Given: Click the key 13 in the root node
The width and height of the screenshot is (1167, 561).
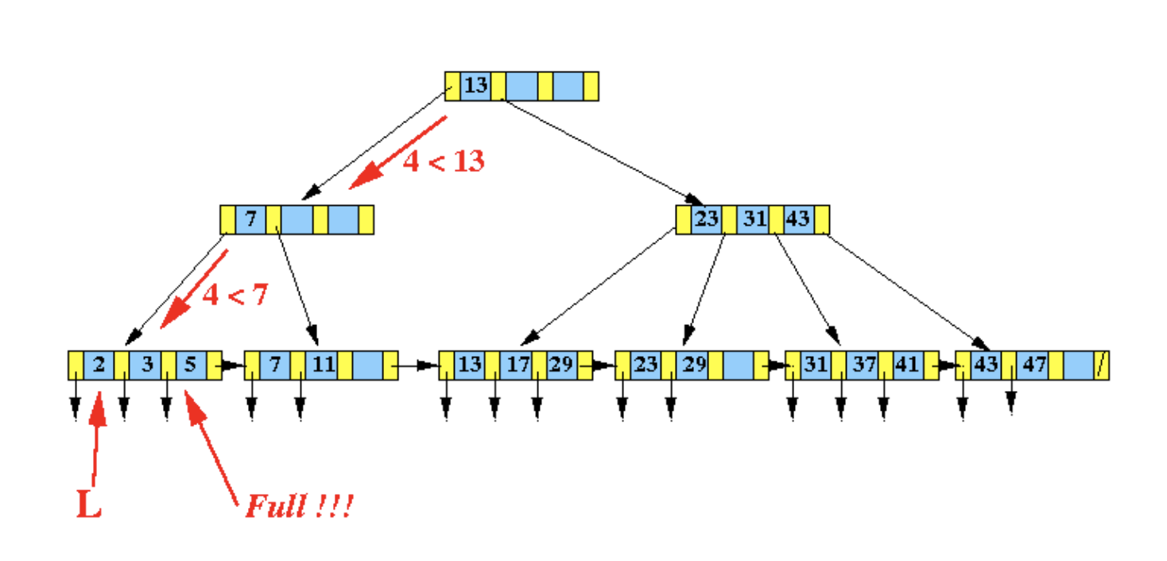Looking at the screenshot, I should (x=475, y=86).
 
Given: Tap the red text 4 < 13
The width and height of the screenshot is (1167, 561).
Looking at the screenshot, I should (x=443, y=161).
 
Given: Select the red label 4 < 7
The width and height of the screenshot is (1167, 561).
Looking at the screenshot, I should (x=235, y=295).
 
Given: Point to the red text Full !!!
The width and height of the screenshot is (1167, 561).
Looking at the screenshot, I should (x=298, y=506).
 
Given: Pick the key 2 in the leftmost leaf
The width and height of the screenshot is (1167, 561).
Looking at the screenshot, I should (x=99, y=365).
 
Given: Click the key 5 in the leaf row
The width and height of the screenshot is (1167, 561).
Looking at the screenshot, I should (x=191, y=365).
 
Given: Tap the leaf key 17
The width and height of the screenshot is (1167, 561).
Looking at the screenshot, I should (x=517, y=365).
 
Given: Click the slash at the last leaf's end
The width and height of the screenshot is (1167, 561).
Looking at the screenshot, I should (x=1101, y=365).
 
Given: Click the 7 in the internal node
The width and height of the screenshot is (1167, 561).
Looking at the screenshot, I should (x=250, y=219).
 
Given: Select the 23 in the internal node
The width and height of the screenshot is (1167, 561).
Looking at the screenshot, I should (x=706, y=219).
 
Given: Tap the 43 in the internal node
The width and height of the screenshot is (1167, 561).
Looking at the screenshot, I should (x=797, y=219).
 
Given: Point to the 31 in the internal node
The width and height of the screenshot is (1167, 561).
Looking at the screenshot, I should (x=753, y=219).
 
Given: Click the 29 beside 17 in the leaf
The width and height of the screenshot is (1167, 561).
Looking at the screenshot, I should (x=561, y=365).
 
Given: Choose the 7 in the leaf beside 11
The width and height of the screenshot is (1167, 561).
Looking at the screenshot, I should (x=275, y=365).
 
